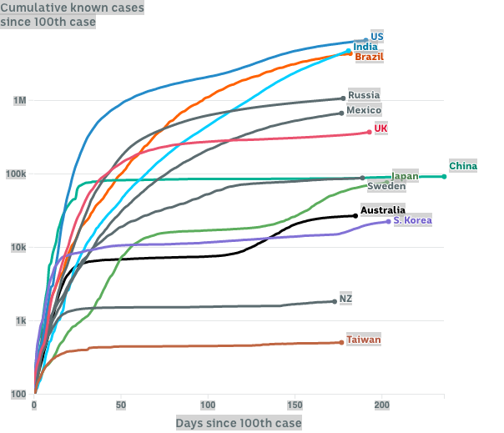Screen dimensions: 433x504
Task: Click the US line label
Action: [377, 37]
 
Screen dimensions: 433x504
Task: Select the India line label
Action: [365, 47]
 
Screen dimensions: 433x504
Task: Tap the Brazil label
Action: [369, 57]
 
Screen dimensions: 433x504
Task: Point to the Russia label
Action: [364, 95]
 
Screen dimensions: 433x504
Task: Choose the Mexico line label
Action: [364, 110]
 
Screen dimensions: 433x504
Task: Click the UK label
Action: [381, 128]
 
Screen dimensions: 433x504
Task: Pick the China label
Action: [463, 166]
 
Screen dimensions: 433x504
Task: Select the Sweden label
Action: [386, 186]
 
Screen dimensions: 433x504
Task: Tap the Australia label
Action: [383, 209]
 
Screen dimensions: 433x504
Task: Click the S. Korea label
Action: [412, 220]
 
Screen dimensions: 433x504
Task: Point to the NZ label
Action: [346, 298]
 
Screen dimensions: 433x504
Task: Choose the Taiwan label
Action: [364, 340]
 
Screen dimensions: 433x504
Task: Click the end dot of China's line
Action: [444, 176]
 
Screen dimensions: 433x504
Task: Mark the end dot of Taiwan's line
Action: [341, 342]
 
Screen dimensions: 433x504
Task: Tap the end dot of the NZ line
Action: [335, 301]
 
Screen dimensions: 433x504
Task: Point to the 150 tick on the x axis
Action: [295, 405]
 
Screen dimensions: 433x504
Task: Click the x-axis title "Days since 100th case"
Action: [239, 423]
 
